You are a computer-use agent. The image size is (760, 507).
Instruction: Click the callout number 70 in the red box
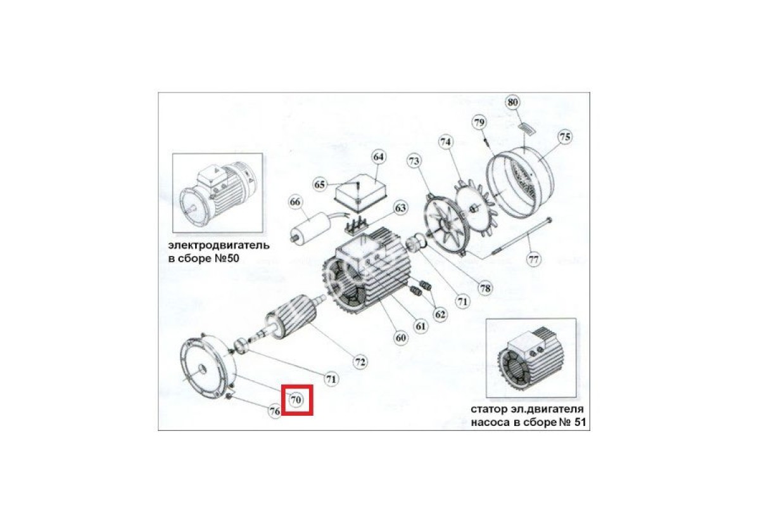pos(296,400)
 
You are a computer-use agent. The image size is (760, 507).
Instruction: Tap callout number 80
pos(512,102)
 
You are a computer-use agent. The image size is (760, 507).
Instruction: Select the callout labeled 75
pos(565,137)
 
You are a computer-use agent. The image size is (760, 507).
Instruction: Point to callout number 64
pos(378,157)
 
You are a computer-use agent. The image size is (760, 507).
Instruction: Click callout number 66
pos(295,202)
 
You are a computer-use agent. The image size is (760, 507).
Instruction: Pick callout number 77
pos(533,260)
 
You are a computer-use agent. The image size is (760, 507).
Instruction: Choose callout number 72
pos(360,362)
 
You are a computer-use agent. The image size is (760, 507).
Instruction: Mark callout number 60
pos(400,338)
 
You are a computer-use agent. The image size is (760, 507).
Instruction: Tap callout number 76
pos(274,411)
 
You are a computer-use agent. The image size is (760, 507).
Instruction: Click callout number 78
pos(485,288)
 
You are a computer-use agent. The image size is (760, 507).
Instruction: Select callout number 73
pos(414,161)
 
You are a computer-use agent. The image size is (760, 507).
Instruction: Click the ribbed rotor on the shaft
pos(291,316)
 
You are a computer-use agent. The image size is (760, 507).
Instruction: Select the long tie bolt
pos(521,240)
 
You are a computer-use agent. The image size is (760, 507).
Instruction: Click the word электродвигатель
pos(219,245)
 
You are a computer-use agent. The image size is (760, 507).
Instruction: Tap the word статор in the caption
pos(487,409)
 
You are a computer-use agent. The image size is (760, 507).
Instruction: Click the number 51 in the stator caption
pos(580,422)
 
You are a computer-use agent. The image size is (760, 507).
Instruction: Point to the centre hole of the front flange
pos(202,369)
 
